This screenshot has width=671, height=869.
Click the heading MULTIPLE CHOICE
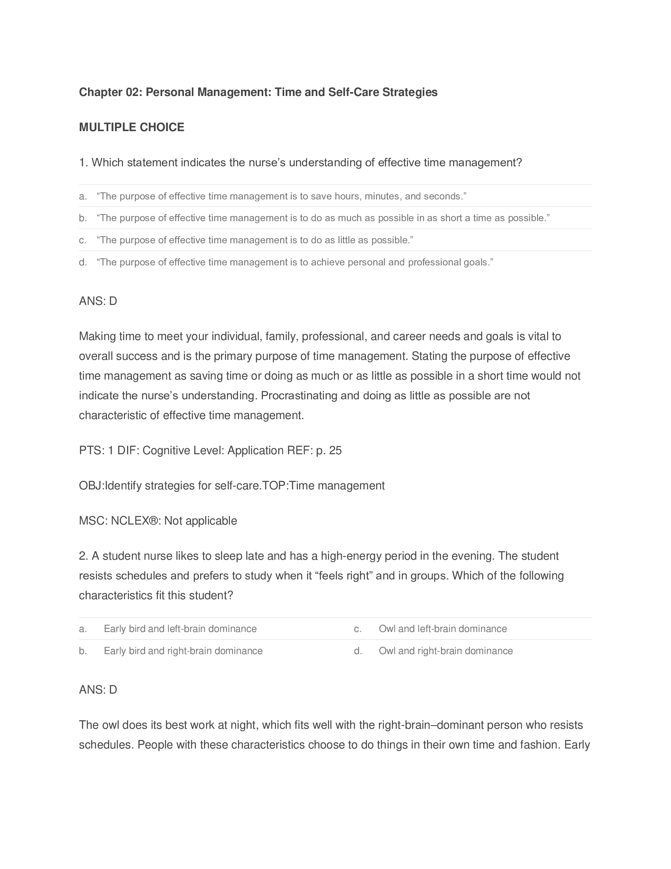pos(131,127)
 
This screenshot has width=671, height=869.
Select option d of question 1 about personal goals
pos(294,262)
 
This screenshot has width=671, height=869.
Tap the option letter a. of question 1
pos(82,196)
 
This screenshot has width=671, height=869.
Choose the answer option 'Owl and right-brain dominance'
pos(446,651)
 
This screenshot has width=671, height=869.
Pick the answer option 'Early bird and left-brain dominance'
pos(180,629)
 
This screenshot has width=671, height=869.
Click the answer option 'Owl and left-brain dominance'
pos(442,629)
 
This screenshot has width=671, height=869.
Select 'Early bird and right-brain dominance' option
pos(183,651)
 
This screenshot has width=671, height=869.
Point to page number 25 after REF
pos(335,450)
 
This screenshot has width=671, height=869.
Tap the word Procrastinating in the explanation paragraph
pos(299,395)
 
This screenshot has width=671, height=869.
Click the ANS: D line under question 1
pos(98,301)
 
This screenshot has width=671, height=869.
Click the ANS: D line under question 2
pos(98,690)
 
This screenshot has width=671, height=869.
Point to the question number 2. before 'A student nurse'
pos(83,556)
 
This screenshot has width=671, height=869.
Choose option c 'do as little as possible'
pos(255,240)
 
